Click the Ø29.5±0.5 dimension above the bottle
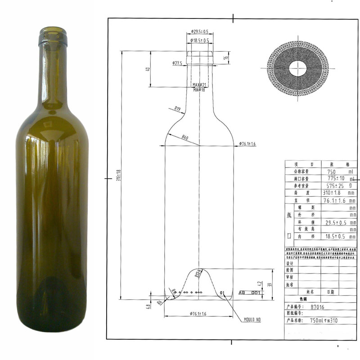[x=199, y=31]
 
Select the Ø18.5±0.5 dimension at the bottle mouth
[x=199, y=40]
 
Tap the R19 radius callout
[x=177, y=108]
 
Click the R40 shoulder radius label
[x=185, y=137]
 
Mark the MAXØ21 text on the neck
[x=199, y=85]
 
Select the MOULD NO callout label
[x=252, y=319]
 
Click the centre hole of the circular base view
[x=297, y=68]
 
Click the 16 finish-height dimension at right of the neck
[x=226, y=57]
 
